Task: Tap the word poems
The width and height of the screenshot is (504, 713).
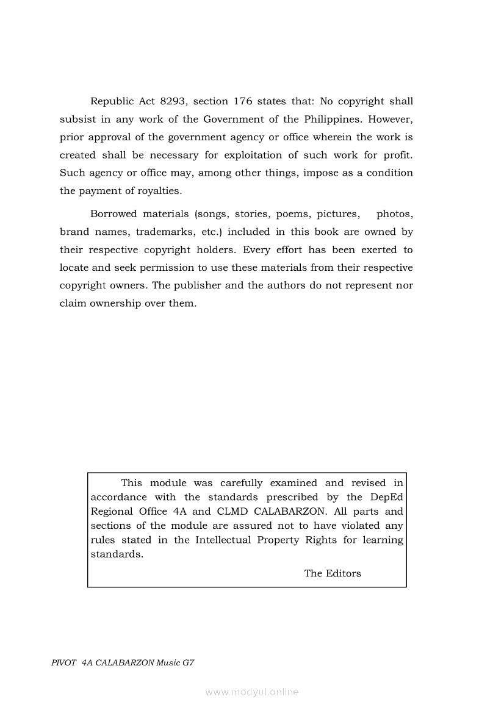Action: coord(292,214)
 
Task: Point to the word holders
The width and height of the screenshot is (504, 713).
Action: coord(216,249)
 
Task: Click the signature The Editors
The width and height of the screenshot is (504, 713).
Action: coord(333,573)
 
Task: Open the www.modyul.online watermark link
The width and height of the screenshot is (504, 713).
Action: coord(252,692)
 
